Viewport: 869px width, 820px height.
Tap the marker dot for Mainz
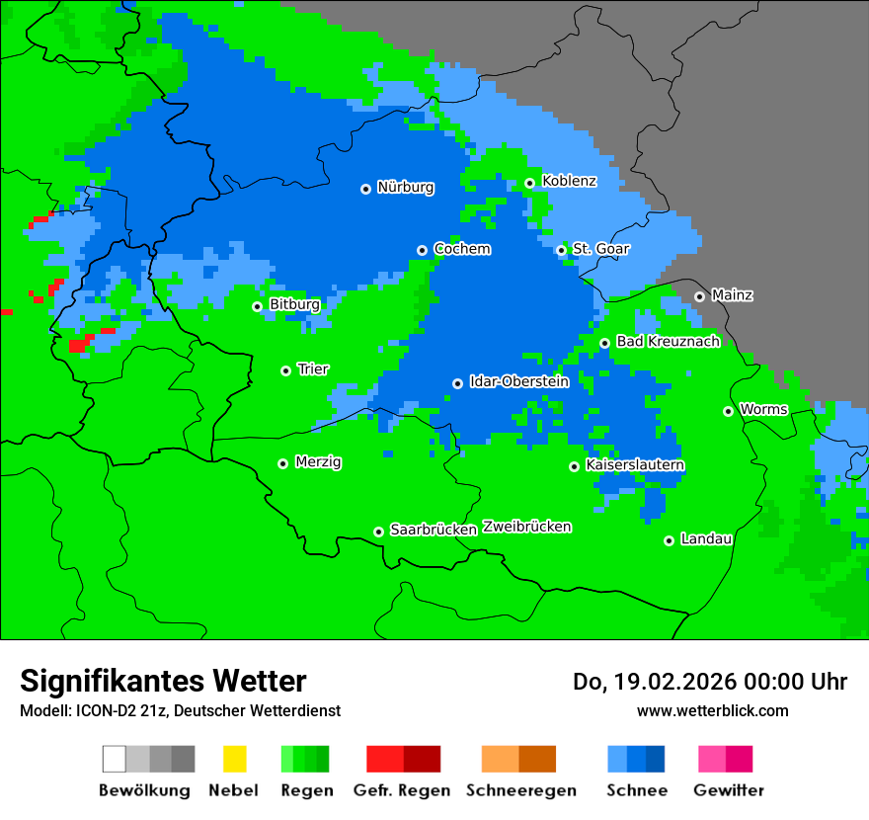tap(699, 296)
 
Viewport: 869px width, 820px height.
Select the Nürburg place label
tap(405, 187)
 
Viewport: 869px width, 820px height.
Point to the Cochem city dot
tap(422, 250)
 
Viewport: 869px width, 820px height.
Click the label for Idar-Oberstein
tap(518, 381)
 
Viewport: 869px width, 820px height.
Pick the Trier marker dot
tap(285, 370)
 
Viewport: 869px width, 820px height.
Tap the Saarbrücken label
tap(434, 530)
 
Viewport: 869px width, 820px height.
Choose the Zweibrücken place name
tap(526, 527)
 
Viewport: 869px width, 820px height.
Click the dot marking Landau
tap(669, 540)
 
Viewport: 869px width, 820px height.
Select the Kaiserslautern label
tap(635, 464)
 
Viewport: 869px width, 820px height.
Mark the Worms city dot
tap(728, 411)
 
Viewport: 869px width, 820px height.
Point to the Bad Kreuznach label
tap(668, 341)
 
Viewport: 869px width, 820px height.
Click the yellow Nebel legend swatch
tap(234, 759)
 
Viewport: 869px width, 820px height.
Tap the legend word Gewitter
tap(729, 790)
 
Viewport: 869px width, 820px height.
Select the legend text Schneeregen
tap(519, 790)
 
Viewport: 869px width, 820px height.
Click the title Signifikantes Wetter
tap(163, 681)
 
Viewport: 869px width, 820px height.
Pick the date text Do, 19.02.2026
tap(655, 682)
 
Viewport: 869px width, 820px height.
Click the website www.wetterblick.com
tap(712, 710)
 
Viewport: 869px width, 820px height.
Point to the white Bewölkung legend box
tap(115, 759)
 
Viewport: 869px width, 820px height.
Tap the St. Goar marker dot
tap(561, 250)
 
